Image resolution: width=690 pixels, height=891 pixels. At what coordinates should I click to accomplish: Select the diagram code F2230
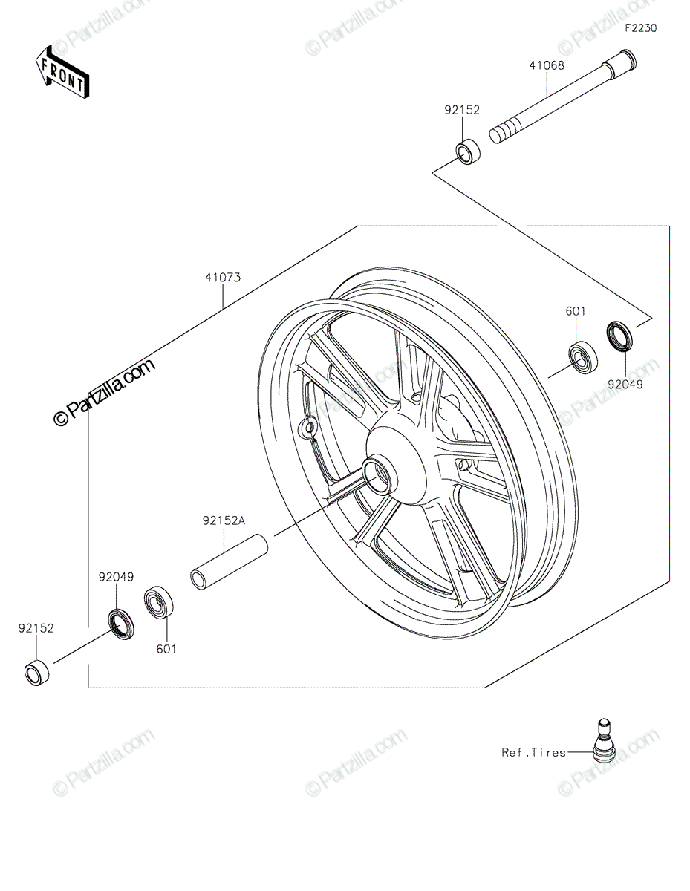click(x=640, y=28)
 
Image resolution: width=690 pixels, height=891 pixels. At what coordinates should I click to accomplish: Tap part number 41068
click(x=546, y=65)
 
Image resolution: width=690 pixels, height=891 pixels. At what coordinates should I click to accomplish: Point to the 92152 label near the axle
click(x=462, y=110)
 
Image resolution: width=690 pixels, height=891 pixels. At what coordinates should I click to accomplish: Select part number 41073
click(x=223, y=278)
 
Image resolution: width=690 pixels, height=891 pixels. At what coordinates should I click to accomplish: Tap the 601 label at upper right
click(x=575, y=312)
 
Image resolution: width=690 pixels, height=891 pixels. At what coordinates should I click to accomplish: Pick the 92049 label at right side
click(x=624, y=385)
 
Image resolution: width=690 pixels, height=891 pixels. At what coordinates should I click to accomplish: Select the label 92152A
click(x=223, y=521)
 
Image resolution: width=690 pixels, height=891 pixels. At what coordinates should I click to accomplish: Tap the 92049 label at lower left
click(x=116, y=576)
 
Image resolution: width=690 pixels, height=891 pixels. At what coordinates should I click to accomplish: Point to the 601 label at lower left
click(x=166, y=649)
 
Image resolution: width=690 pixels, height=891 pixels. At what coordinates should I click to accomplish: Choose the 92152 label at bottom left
click(x=36, y=628)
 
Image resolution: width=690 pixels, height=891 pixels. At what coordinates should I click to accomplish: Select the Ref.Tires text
click(x=533, y=752)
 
